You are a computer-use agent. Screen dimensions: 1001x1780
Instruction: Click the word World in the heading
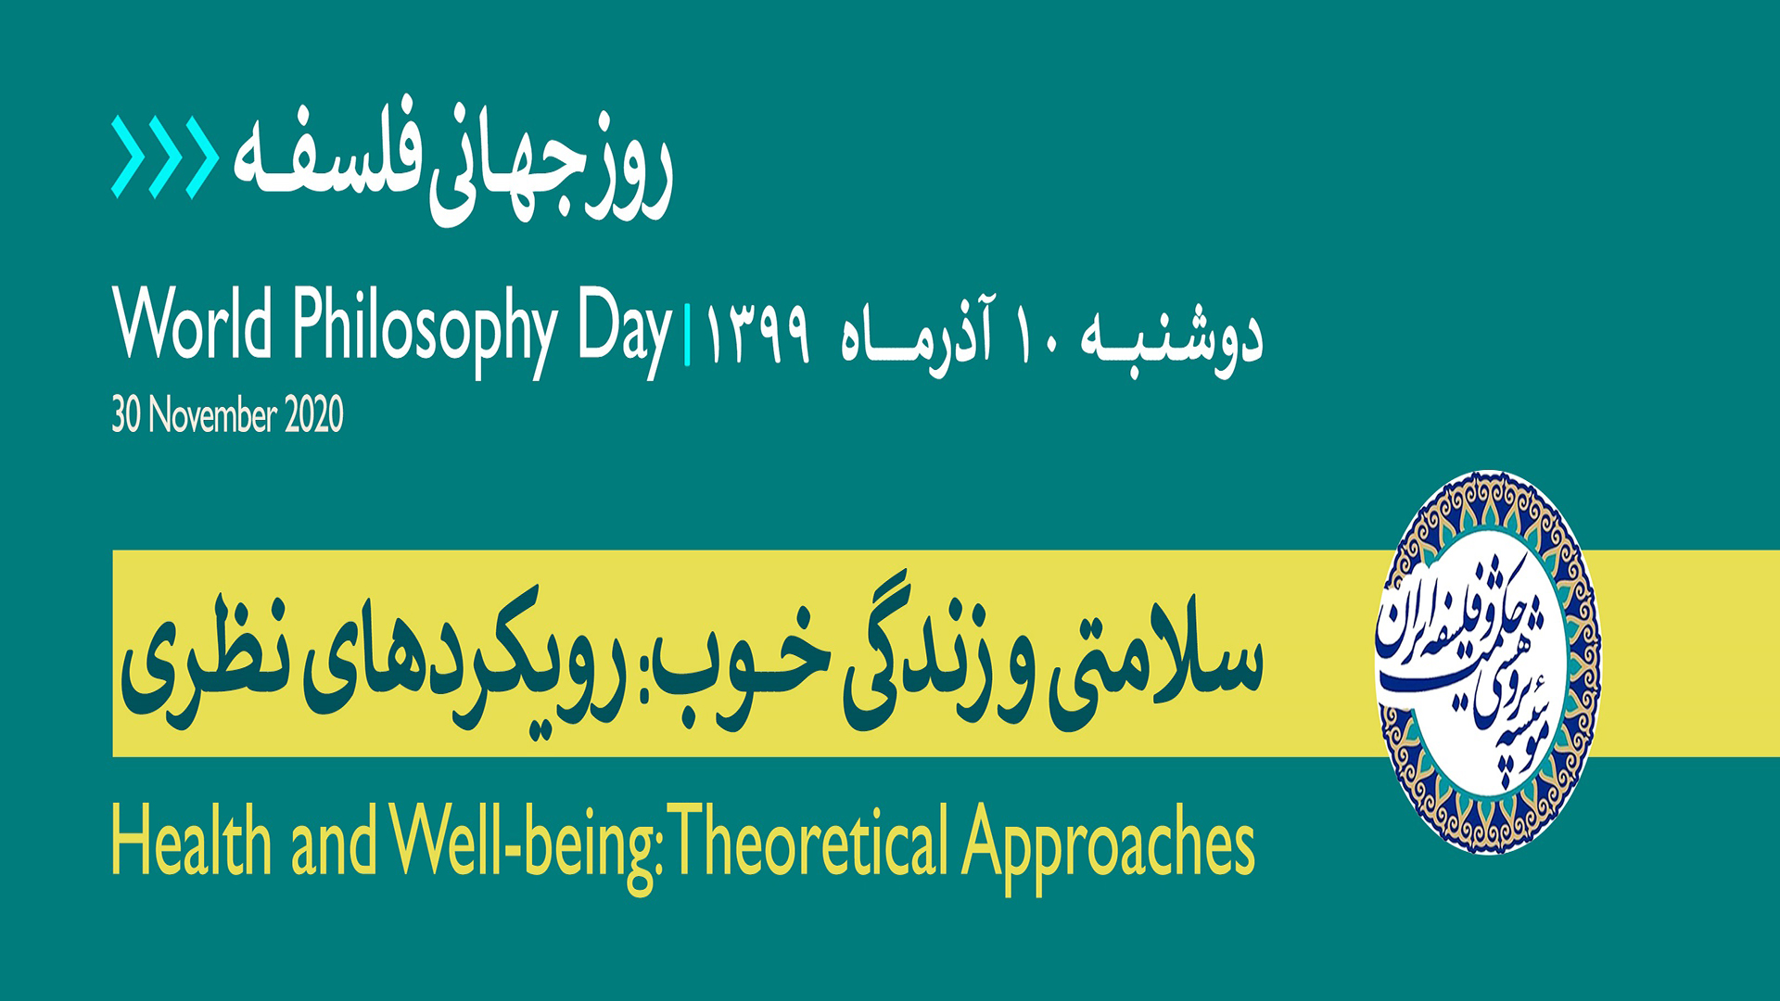193,324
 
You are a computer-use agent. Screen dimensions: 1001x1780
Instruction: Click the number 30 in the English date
125,414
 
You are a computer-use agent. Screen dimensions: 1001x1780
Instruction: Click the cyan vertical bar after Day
687,336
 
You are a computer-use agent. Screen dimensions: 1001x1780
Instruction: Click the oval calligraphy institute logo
1489,662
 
